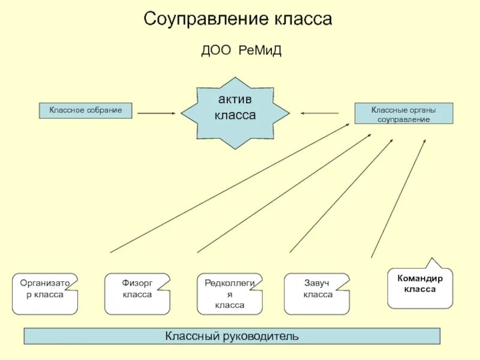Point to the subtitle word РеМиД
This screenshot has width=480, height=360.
[260, 51]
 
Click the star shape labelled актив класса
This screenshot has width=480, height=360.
[235, 112]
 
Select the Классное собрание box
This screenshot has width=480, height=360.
[85, 110]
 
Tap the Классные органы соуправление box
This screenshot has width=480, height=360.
[404, 113]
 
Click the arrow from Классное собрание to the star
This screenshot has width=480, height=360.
[156, 113]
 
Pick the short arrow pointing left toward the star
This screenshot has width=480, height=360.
[320, 113]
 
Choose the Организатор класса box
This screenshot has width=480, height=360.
[45, 294]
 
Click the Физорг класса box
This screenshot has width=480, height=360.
[137, 294]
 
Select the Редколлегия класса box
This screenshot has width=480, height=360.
[230, 294]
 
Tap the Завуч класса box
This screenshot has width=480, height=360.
[317, 294]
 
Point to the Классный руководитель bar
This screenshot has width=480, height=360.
[232, 336]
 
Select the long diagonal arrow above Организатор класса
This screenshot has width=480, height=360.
[230, 188]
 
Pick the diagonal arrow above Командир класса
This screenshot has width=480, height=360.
[398, 198]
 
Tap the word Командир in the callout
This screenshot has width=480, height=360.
[420, 278]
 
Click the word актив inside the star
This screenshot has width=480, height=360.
[235, 100]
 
